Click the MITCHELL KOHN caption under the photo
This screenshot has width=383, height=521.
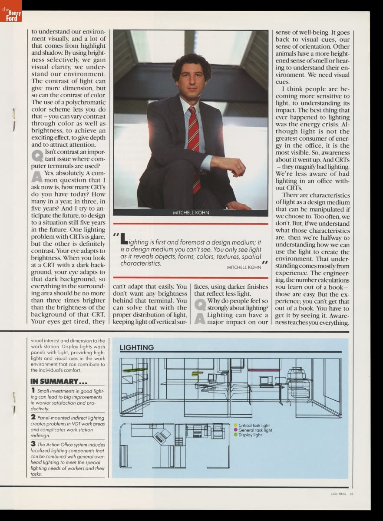point(191,213)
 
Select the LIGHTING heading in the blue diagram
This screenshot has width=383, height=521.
point(136,347)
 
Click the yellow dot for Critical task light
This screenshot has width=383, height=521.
point(235,425)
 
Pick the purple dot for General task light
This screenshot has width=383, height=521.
point(235,430)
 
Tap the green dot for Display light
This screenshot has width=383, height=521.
point(235,435)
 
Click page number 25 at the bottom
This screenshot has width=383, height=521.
point(351,494)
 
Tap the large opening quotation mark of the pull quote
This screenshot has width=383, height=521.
point(116,236)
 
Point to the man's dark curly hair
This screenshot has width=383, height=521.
point(191,65)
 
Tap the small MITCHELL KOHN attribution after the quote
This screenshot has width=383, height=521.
point(244,267)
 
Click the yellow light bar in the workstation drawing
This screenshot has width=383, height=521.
point(198,372)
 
